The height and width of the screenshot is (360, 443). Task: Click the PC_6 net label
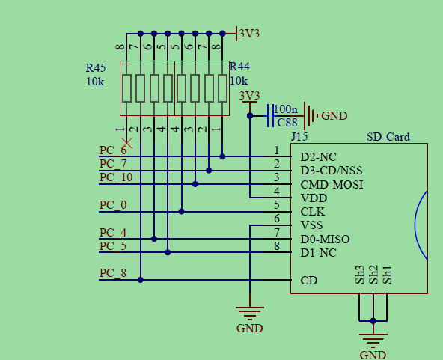[x=113, y=150]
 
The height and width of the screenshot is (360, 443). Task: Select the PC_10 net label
[x=115, y=177]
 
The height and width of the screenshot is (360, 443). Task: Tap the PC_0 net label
[x=113, y=205]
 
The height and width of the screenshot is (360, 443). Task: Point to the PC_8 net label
[x=113, y=273]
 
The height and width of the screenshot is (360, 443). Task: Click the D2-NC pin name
[x=319, y=157]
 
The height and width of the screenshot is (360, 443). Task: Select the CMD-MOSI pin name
[x=332, y=184]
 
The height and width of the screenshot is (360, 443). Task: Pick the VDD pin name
[x=313, y=198]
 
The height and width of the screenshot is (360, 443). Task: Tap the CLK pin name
[x=312, y=211]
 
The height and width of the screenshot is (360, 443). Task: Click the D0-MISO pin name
[x=325, y=239]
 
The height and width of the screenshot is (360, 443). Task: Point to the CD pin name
[x=308, y=281]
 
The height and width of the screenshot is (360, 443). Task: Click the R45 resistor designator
[x=96, y=67]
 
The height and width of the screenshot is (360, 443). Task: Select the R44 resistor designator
[x=239, y=67]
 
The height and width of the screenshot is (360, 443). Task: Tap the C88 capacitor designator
[x=287, y=123]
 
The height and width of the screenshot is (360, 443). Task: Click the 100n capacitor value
[x=287, y=109]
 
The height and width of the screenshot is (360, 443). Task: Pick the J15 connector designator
[x=299, y=137]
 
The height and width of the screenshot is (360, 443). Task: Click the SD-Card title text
[x=388, y=137]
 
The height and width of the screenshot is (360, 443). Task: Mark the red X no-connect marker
[x=127, y=141]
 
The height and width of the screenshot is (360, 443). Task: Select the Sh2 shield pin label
[x=373, y=275]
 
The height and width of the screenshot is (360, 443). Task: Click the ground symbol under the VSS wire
[x=249, y=314]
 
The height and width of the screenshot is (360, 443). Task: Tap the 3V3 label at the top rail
[x=249, y=33]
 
